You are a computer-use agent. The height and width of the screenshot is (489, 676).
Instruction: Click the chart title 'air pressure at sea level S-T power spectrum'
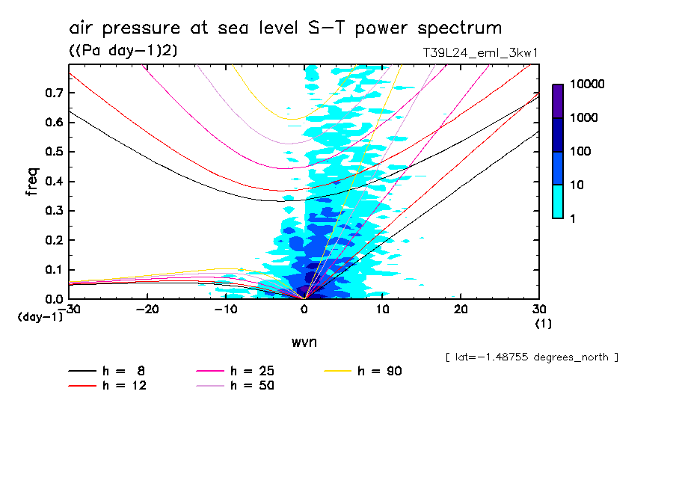click(285, 28)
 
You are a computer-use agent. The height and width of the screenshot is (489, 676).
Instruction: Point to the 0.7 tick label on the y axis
click(52, 93)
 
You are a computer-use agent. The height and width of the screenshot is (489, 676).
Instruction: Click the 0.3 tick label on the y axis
click(52, 211)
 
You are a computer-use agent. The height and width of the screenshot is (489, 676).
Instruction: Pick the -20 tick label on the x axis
click(147, 310)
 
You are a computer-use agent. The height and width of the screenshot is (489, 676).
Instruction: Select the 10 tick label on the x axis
click(383, 310)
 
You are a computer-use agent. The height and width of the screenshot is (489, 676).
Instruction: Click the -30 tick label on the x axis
click(69, 310)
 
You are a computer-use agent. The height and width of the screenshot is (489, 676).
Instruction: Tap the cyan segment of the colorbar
click(558, 201)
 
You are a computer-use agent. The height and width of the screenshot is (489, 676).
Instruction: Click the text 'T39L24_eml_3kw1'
click(480, 52)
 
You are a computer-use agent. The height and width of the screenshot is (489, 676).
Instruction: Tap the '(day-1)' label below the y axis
click(40, 317)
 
